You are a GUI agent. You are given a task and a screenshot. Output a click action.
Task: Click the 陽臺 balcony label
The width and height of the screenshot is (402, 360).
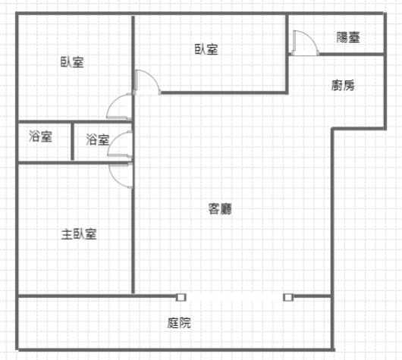[x=348, y=37]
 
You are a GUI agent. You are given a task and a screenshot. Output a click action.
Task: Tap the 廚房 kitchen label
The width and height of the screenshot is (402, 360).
[x=343, y=86]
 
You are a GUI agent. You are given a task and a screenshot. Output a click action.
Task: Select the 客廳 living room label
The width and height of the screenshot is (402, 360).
[x=220, y=209]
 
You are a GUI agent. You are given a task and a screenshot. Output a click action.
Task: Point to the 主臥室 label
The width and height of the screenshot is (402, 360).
[x=79, y=234]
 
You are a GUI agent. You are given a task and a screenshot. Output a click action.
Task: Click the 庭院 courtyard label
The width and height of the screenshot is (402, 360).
[x=179, y=323]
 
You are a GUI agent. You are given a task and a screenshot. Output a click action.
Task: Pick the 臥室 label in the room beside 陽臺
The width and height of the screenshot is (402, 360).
[x=206, y=49]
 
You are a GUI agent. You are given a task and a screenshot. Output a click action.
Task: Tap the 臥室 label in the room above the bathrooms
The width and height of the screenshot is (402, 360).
[x=72, y=62]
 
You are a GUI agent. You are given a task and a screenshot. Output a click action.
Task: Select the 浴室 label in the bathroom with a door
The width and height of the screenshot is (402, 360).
[x=97, y=139]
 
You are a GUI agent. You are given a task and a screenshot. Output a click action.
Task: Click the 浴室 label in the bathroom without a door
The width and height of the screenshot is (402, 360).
[x=40, y=136]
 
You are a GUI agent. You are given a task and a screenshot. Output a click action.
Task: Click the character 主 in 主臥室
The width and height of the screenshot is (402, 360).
[x=68, y=234]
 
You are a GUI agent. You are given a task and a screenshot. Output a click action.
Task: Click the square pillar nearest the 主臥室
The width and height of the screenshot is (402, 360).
[x=181, y=298]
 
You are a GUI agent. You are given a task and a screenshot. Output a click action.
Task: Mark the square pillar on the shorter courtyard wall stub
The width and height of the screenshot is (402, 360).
[x=288, y=298]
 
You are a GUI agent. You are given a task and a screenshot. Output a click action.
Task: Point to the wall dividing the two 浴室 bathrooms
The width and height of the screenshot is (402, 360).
[x=72, y=142]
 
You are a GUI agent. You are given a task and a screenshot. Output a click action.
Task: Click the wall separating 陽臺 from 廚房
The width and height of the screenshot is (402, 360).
[x=351, y=54]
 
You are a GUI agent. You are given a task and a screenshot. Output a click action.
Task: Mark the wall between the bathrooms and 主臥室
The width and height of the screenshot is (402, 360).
[x=74, y=163]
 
